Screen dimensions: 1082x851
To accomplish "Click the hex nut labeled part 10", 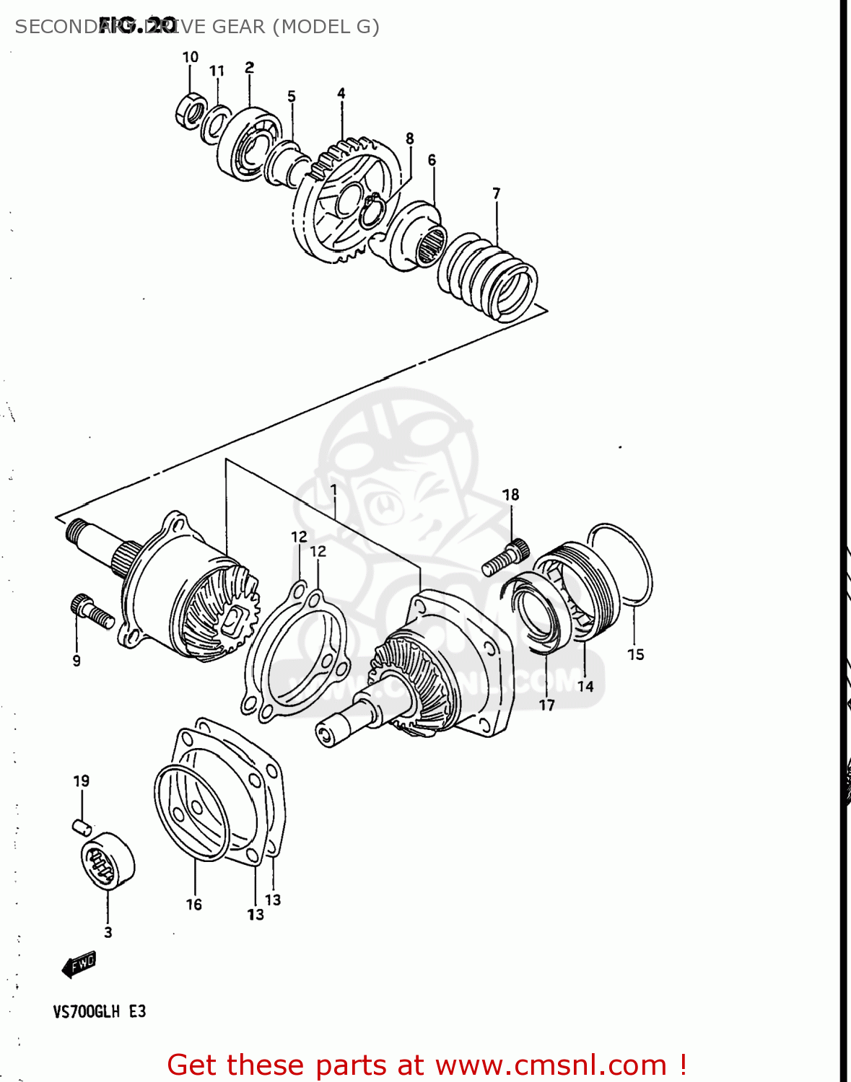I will pos(189,112).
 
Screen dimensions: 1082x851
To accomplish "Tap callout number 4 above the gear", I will pos(341,93).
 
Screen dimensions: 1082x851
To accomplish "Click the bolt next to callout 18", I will pos(505,558).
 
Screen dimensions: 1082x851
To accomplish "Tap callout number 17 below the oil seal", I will pos(546,705).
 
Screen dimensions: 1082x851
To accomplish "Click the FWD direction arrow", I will pos(79,964).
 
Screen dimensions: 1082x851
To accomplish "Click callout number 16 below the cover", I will pos(193,904).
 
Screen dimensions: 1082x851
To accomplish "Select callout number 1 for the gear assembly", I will pos(333,490).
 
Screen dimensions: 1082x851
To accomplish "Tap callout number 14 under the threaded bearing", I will pos(585,686).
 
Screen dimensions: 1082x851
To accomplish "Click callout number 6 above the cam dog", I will pos(432,159).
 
